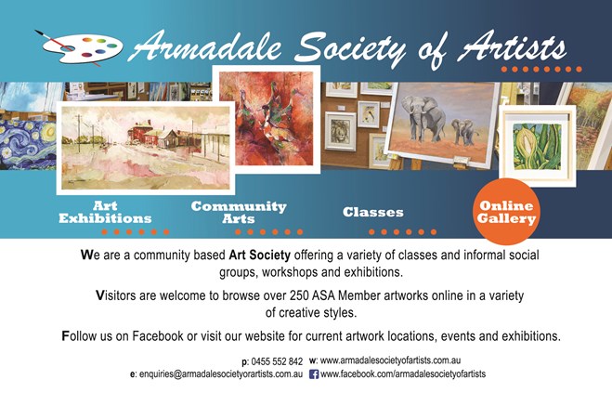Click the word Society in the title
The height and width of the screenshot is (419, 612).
[349, 49]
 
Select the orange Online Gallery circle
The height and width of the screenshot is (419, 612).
[507, 212]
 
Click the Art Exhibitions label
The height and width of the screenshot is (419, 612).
[105, 212]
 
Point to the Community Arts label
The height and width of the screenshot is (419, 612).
[239, 212]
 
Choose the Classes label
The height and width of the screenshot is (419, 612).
[373, 212]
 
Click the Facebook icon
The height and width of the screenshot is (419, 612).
[314, 374]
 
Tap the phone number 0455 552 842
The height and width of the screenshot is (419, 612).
[277, 361]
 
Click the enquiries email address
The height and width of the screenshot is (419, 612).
[221, 374]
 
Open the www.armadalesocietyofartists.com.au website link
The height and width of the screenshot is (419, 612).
[390, 360]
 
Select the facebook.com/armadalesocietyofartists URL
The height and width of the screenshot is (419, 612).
[403, 374]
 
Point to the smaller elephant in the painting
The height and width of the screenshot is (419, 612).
[464, 132]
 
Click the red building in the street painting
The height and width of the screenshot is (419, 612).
[141, 132]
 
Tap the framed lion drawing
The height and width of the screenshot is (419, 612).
[340, 131]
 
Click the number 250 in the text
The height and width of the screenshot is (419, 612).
[299, 295]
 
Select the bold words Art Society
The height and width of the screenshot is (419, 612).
[259, 255]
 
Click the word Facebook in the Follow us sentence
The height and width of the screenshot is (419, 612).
[158, 336]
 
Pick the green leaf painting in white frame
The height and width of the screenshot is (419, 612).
[538, 146]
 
